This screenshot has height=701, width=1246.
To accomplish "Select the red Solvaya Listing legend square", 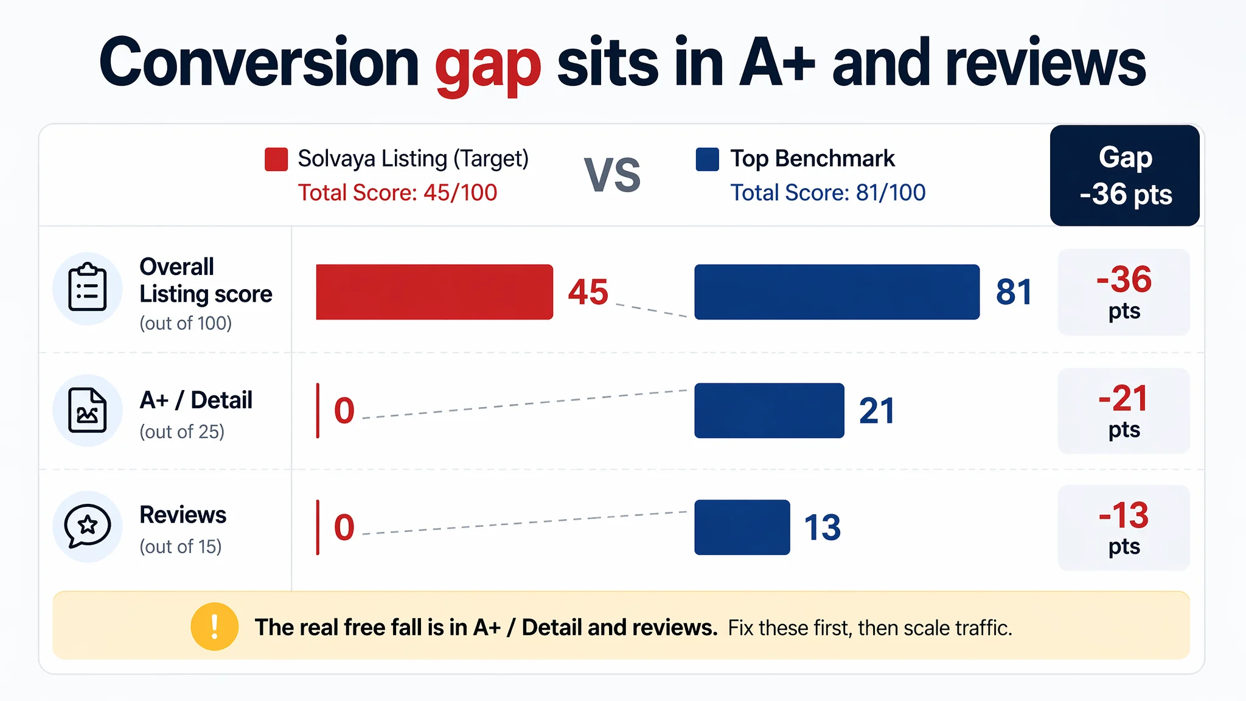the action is pyautogui.click(x=276, y=159).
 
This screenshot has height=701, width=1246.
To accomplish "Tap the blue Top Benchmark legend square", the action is pyautogui.click(x=707, y=159).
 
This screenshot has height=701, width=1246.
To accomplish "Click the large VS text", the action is pyautogui.click(x=612, y=175).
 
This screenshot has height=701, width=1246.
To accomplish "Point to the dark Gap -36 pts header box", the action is pyautogui.click(x=1125, y=175).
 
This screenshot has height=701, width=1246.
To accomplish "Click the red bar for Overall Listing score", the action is pyautogui.click(x=434, y=292).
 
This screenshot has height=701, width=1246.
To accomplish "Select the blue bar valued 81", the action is pyautogui.click(x=837, y=292).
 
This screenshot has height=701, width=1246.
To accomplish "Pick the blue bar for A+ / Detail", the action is pyautogui.click(x=770, y=411).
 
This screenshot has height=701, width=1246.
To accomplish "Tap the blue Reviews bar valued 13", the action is pyautogui.click(x=742, y=527).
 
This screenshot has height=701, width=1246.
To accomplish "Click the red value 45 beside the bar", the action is pyautogui.click(x=588, y=292).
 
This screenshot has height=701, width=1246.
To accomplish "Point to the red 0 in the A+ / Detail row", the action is pyautogui.click(x=344, y=411).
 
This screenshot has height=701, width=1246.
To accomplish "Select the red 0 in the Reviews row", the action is pyautogui.click(x=344, y=527).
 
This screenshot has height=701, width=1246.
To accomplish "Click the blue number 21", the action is pyautogui.click(x=877, y=411).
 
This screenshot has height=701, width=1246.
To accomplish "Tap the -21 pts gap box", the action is pyautogui.click(x=1124, y=411).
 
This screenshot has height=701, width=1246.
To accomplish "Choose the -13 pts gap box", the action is pyautogui.click(x=1124, y=528).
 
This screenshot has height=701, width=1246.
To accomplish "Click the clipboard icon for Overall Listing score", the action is pyautogui.click(x=88, y=288).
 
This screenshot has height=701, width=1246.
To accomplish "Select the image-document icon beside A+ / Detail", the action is pyautogui.click(x=88, y=410).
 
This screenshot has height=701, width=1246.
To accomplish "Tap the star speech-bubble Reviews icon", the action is pyautogui.click(x=88, y=526).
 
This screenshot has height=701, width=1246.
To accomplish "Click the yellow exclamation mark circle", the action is pyautogui.click(x=214, y=626).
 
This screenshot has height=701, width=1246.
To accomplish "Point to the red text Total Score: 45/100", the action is pyautogui.click(x=397, y=193).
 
